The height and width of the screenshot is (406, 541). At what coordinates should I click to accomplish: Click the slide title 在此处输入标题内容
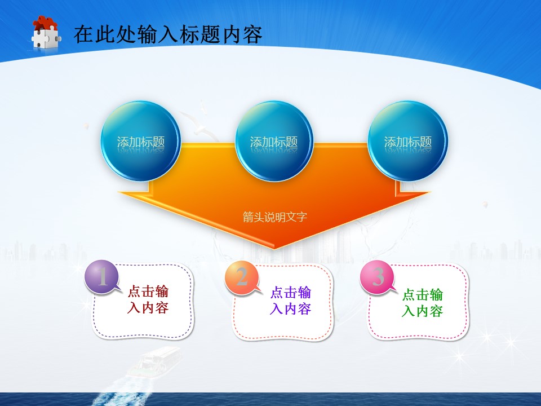(x=167, y=34)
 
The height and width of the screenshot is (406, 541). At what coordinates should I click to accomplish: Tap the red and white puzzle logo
(x=45, y=34)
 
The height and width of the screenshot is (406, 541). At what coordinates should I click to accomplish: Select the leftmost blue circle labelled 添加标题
(x=141, y=141)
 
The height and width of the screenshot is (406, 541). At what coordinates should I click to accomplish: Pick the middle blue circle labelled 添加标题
(x=274, y=141)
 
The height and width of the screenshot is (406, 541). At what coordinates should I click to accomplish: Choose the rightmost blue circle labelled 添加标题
(x=407, y=141)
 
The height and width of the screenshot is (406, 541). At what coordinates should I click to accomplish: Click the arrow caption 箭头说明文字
(x=274, y=217)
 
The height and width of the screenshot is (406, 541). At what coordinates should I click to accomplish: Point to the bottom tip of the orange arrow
(x=274, y=247)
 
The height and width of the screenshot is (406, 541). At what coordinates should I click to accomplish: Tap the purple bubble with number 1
(x=102, y=277)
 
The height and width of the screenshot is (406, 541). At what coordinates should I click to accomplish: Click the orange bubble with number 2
(x=242, y=277)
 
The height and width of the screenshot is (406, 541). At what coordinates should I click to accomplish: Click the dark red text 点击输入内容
(x=148, y=299)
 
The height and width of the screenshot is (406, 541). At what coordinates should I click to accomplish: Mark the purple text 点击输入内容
(x=290, y=301)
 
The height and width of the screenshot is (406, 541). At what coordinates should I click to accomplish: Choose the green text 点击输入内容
(x=422, y=303)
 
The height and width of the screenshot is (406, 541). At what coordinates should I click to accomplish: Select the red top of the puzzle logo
(x=45, y=24)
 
